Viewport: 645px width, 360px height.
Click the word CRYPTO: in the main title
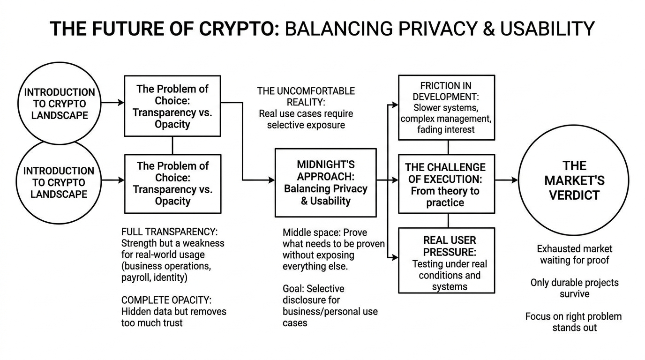point(240,29)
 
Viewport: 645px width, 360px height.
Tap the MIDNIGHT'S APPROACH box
point(325,183)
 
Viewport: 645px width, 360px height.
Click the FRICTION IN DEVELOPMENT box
point(446,107)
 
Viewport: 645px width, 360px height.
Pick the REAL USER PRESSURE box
point(446,260)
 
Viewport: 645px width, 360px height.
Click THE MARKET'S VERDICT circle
point(574,180)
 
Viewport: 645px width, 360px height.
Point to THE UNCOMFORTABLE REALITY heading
point(306,96)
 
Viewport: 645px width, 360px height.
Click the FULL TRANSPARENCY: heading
point(169,232)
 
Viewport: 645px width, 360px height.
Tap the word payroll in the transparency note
point(136,277)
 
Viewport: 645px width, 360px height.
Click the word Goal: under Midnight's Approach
point(293,289)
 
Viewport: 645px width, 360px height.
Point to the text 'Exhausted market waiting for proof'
point(574,254)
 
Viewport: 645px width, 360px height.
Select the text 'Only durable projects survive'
point(574,288)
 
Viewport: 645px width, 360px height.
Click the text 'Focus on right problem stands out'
point(574,322)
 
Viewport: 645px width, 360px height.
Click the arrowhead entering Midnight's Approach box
point(271,180)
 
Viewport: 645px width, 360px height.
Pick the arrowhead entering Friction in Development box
point(395,105)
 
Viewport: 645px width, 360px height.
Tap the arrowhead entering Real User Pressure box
point(395,257)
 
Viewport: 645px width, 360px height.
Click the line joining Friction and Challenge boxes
point(448,147)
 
